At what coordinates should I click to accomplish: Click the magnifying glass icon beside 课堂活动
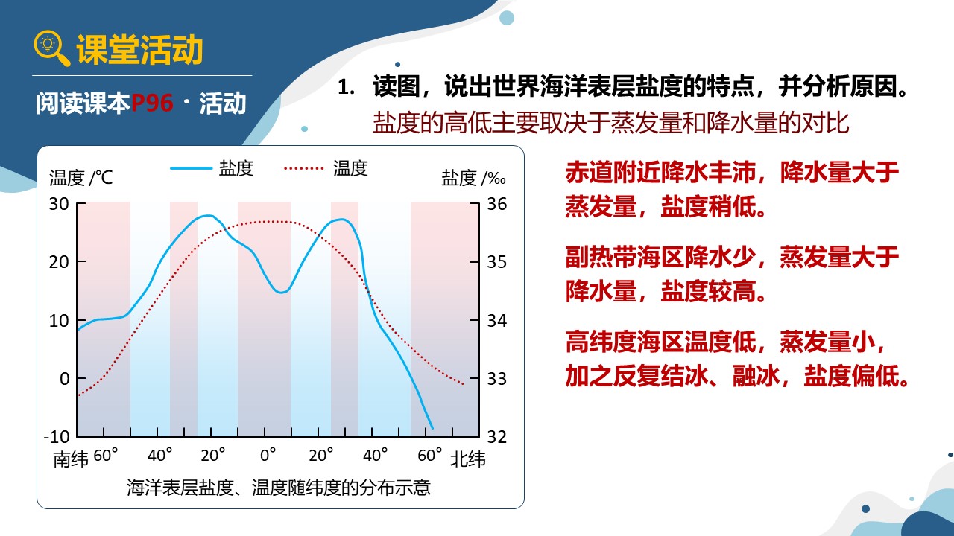51,48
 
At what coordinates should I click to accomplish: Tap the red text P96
152,103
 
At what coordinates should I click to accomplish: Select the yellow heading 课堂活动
139,50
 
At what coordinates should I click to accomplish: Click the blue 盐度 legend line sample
191,168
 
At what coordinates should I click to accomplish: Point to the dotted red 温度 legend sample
303,168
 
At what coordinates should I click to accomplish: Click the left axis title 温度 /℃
80,178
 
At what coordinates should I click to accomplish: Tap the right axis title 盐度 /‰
473,178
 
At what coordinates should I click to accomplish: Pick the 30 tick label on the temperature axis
59,204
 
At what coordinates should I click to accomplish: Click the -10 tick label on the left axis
57,437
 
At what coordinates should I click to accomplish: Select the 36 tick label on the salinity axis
496,204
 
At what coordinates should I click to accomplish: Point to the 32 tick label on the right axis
496,437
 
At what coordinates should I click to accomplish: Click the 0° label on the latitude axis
268,455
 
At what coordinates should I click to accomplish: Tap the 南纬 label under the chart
71,459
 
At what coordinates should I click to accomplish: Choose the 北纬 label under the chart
467,459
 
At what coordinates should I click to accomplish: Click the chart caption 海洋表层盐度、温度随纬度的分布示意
279,488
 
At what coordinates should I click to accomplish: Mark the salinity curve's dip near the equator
282,293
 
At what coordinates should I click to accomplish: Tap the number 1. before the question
345,88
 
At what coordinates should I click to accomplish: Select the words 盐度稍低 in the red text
708,207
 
